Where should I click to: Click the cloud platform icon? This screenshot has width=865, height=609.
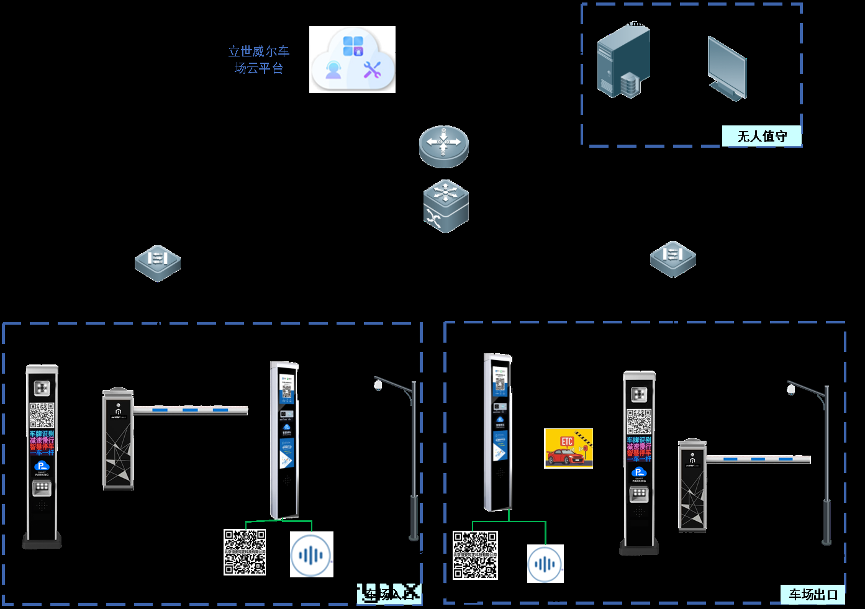coord(352,60)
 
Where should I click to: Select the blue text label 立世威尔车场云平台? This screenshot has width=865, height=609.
coord(259,60)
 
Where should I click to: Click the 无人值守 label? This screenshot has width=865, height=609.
coord(761,136)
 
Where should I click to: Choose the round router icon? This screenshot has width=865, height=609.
coord(443,146)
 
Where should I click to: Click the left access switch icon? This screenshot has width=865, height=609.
coord(158,263)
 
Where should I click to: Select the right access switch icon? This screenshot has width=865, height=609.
coord(673,259)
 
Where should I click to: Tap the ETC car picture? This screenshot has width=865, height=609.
coord(568,448)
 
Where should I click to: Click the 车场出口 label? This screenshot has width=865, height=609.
coord(813,594)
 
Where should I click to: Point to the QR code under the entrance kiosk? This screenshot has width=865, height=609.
coord(245,552)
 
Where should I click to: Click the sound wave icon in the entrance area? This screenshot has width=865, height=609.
coord(311,554)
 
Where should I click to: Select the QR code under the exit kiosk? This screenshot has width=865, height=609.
coord(475,555)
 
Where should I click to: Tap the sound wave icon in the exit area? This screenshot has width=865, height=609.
coord(545,564)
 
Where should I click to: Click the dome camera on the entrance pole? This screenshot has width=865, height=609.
coord(378,386)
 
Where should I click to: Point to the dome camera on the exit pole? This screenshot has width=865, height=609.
coord(790,389)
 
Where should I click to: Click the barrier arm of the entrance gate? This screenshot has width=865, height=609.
coord(190,410)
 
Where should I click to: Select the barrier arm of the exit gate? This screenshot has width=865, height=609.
coord(758,459)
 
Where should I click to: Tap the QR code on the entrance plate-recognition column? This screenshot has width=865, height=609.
coord(42,415)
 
